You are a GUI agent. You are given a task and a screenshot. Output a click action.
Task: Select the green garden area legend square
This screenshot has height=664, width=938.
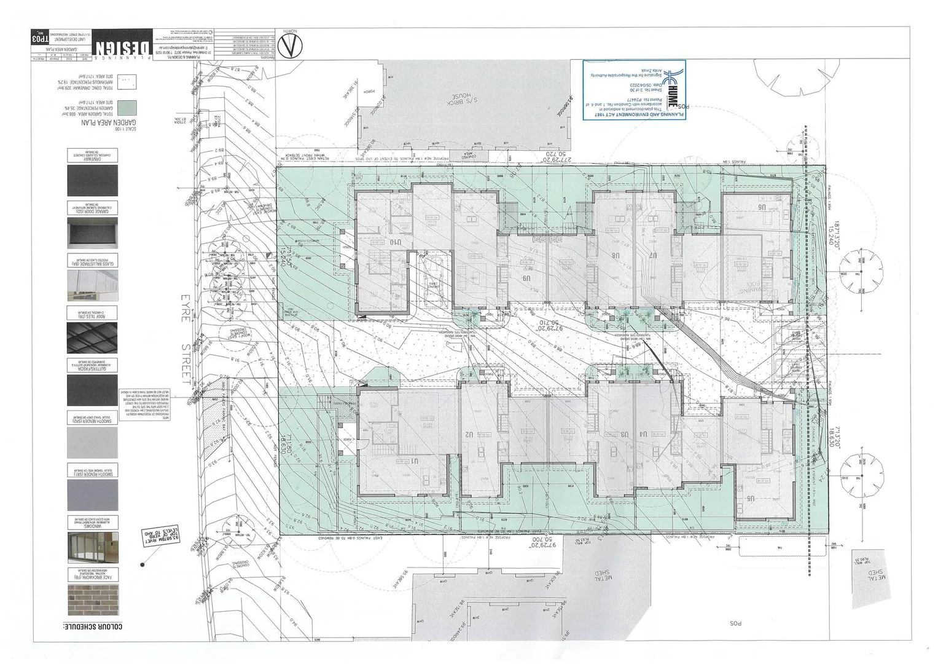tap(127, 109)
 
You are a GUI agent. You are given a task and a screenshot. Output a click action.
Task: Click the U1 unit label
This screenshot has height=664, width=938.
tap(415, 460)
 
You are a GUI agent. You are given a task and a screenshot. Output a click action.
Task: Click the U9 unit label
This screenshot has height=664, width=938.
tap(526, 278)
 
